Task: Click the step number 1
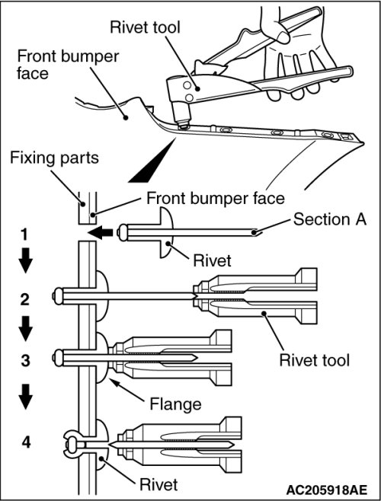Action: click(x=24, y=235)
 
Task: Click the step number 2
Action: click(x=25, y=299)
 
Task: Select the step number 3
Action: click(x=25, y=360)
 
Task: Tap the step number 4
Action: click(x=26, y=442)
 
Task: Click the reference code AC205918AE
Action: click(x=326, y=490)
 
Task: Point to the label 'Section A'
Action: click(x=329, y=219)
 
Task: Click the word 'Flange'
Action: click(x=175, y=404)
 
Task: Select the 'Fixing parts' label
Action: click(x=54, y=158)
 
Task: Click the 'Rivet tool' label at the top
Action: click(x=145, y=27)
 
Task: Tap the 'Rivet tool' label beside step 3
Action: click(x=315, y=360)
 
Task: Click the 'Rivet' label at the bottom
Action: click(x=158, y=484)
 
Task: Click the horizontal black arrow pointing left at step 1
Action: click(x=101, y=233)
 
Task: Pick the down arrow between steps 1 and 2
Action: click(x=26, y=260)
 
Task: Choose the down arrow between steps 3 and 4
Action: click(x=26, y=397)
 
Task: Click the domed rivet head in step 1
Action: click(x=165, y=232)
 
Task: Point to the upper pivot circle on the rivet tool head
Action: click(x=187, y=85)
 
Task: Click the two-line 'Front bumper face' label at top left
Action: click(x=68, y=64)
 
